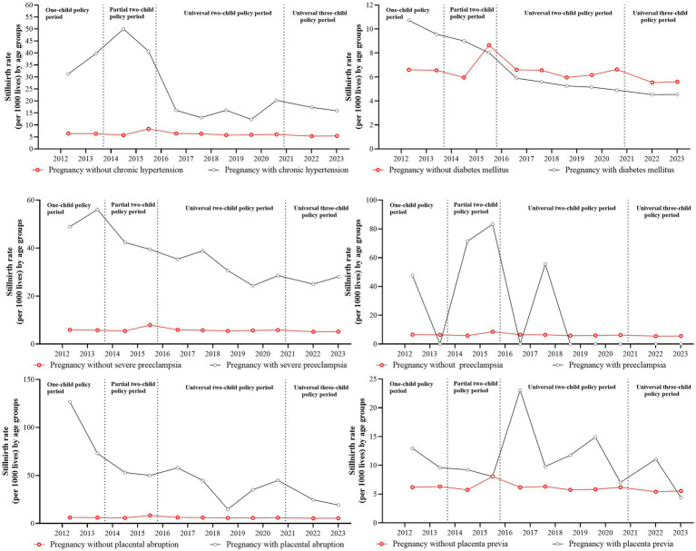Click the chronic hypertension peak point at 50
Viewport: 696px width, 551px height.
[x=123, y=29]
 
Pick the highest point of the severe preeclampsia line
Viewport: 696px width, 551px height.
[x=97, y=210]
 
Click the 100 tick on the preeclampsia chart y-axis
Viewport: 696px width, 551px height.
[x=371, y=201]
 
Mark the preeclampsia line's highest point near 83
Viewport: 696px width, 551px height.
[x=492, y=224]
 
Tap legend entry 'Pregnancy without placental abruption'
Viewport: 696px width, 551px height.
[x=106, y=545]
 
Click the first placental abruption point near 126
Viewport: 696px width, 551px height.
[x=69, y=402]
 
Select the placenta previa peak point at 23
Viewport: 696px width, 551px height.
[x=520, y=390]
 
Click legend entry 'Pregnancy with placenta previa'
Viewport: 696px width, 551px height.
[x=613, y=544]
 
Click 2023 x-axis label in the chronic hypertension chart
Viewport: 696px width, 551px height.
[x=337, y=159]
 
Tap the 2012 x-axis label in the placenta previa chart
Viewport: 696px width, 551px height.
[x=405, y=532]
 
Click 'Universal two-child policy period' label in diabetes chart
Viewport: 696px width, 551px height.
[x=568, y=13]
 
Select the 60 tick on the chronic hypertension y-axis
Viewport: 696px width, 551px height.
[x=29, y=5]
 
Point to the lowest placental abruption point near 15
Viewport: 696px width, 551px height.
[x=228, y=509]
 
